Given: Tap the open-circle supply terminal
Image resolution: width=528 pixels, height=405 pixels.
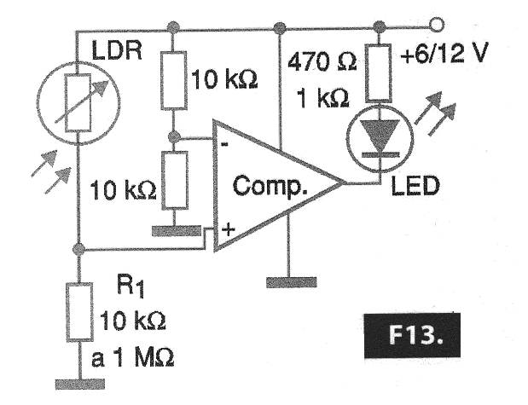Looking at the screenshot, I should click(x=438, y=25).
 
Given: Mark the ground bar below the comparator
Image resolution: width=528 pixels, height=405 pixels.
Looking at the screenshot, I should click(x=290, y=281).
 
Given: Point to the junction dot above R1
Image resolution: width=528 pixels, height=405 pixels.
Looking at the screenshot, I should click(x=78, y=250).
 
